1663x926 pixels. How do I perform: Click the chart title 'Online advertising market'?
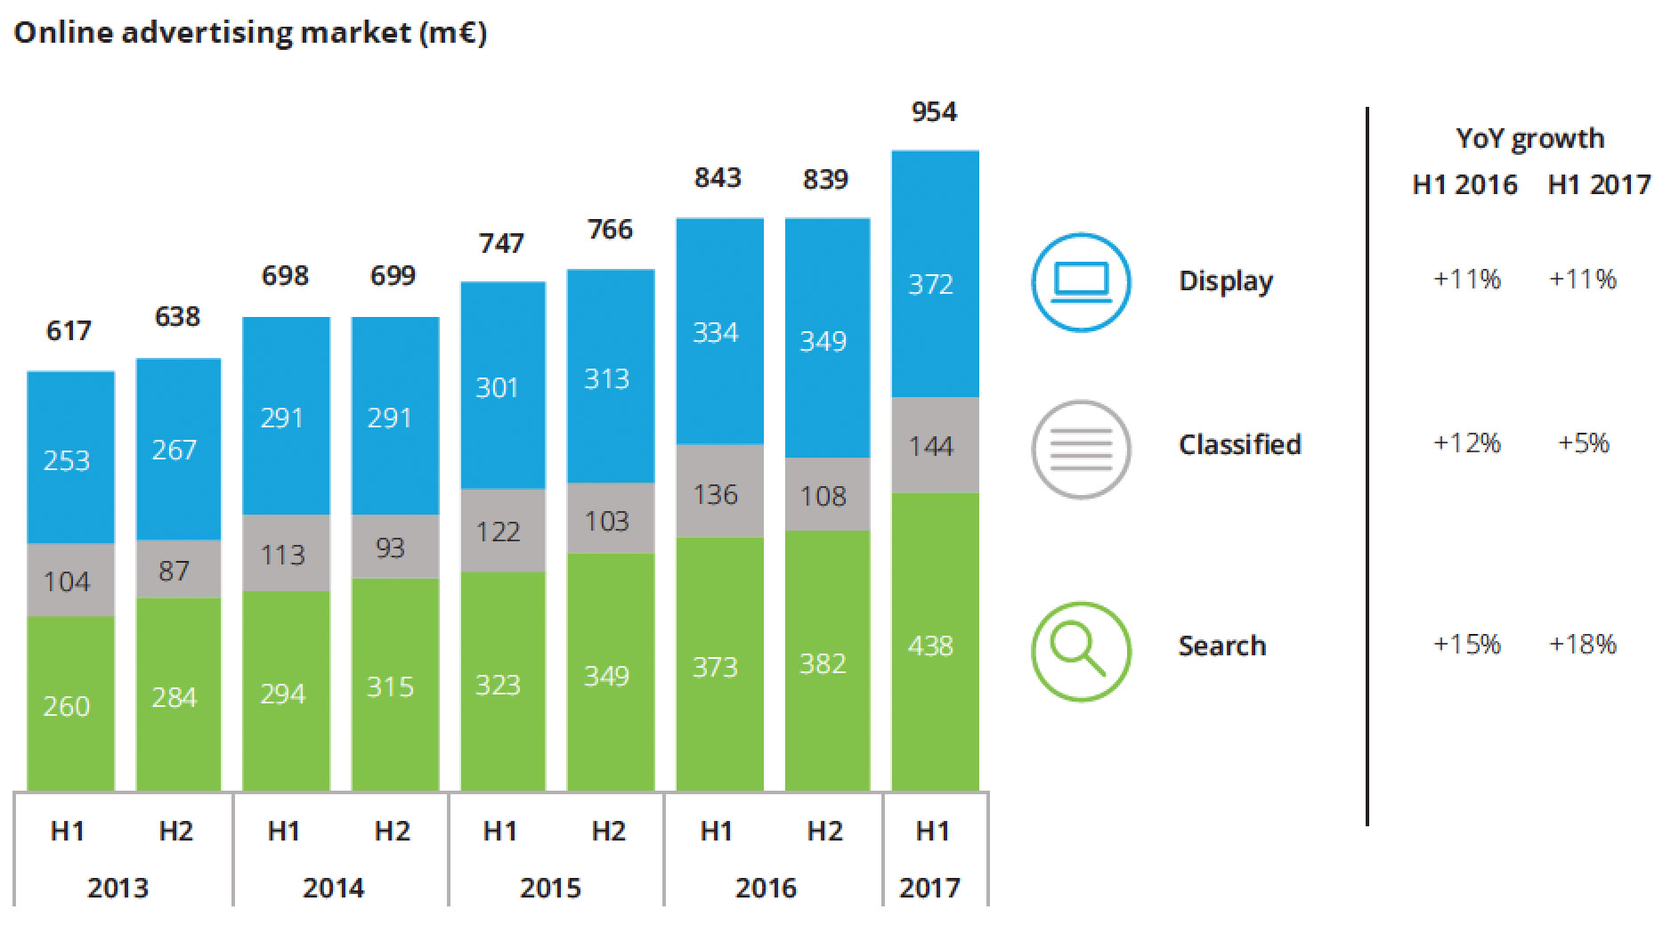coord(250,32)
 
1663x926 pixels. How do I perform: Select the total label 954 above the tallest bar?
coord(934,112)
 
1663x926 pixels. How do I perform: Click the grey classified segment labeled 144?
coord(935,445)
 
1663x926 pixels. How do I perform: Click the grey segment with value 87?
coord(176,570)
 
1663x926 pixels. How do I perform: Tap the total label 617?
coord(69,331)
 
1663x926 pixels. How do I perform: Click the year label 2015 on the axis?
coord(550,888)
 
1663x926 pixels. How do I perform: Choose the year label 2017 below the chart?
coord(929,888)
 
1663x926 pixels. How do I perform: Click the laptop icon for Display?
coord(1081,282)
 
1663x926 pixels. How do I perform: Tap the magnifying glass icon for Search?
coord(1081,652)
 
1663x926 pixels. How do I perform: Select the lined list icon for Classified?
coord(1081,449)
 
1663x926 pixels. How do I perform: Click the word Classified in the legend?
coord(1239,444)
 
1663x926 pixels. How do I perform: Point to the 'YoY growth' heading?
coord(1529,139)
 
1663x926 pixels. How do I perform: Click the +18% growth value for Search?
coord(1583,644)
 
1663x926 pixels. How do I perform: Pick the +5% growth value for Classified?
coord(1583,443)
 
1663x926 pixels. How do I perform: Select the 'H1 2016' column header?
coord(1464,184)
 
